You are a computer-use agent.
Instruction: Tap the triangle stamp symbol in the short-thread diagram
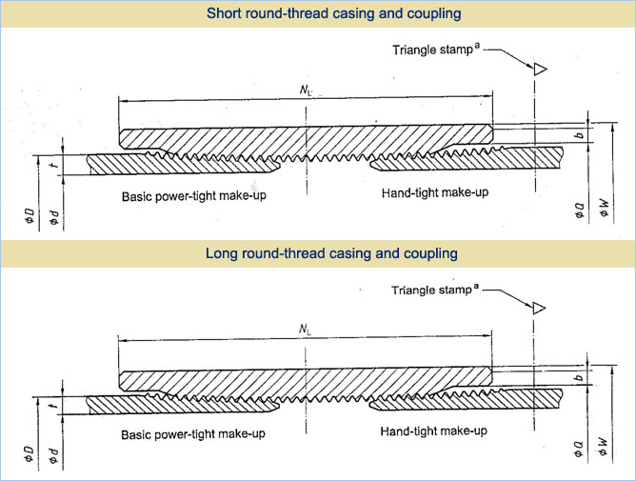pyautogui.click(x=539, y=68)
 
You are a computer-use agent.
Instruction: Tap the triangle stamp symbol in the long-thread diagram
pyautogui.click(x=539, y=308)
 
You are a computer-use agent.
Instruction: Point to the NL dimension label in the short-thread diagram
pyautogui.click(x=304, y=90)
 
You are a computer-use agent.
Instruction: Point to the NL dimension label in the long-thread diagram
pyautogui.click(x=304, y=330)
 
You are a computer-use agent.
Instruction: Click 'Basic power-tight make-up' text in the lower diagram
pyautogui.click(x=193, y=434)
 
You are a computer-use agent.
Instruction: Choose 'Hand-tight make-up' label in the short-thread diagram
pyautogui.click(x=434, y=193)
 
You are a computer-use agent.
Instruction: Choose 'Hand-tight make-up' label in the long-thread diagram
pyautogui.click(x=434, y=431)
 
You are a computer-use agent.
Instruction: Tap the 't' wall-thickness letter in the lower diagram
pyautogui.click(x=55, y=409)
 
